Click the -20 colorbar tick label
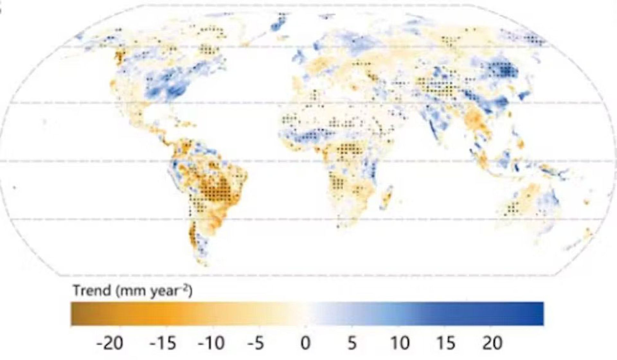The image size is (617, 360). coord(110,343)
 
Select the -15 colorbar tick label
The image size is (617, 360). coord(163,343)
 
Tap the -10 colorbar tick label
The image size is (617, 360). coord(211,343)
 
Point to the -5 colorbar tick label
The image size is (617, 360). coord(256,343)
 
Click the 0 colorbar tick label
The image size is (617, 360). coord(305,343)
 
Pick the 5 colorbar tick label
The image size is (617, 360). coord(352,343)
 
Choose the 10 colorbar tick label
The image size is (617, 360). coord(400,343)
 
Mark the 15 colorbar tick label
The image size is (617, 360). coord(445,343)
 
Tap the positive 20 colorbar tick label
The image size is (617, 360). coord(492,343)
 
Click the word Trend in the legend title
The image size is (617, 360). coord(92,291)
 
